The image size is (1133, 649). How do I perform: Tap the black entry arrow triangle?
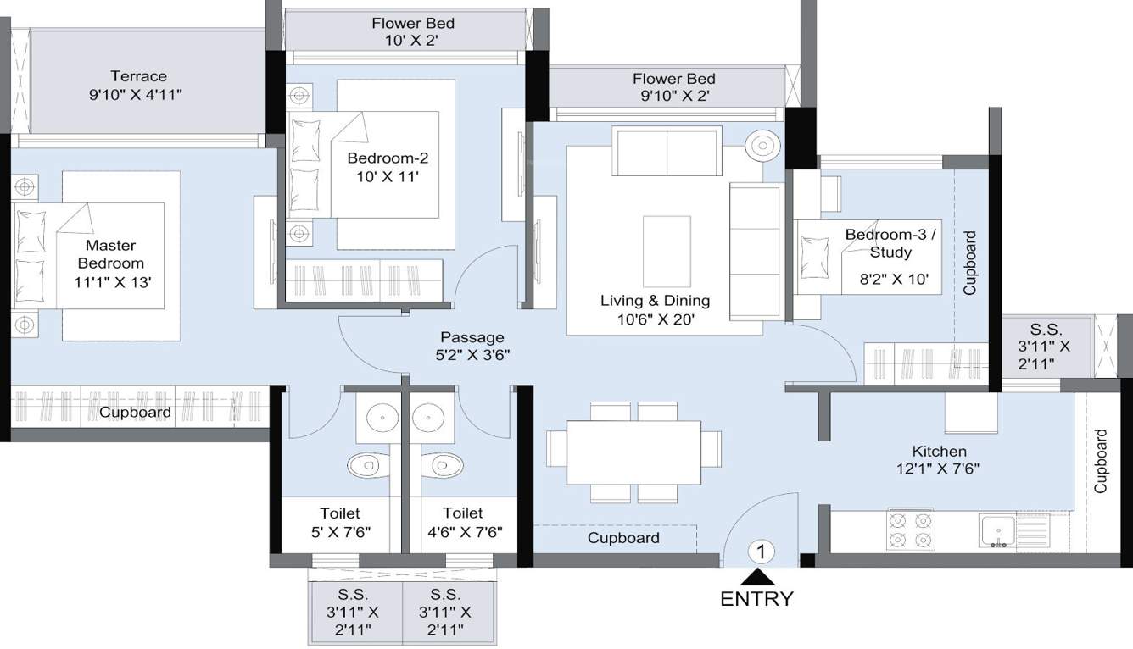pyautogui.click(x=756, y=578)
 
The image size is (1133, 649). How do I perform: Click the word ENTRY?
pyautogui.click(x=756, y=599)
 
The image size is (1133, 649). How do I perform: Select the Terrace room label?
pyautogui.click(x=138, y=76)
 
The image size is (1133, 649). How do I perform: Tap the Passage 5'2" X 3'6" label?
pyautogui.click(x=472, y=346)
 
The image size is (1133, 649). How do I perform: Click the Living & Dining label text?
pyautogui.click(x=655, y=301)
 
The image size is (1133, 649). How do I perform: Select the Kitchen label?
pyautogui.click(x=939, y=451)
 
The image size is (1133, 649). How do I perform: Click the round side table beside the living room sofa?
pyautogui.click(x=761, y=144)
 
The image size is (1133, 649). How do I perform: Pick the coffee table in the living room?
pyautogui.click(x=667, y=251)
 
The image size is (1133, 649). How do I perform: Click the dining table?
pyautogui.click(x=633, y=452)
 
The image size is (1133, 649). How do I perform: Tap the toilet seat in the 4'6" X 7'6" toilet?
pyautogui.click(x=446, y=464)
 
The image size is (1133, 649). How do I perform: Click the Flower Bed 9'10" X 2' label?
pyautogui.click(x=673, y=87)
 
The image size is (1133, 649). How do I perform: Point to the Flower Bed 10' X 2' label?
pyautogui.click(x=412, y=31)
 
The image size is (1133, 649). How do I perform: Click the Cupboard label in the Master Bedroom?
pyautogui.click(x=135, y=413)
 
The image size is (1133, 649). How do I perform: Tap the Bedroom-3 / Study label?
pyautogui.click(x=890, y=243)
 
